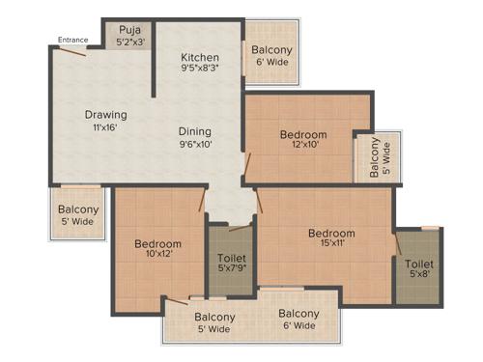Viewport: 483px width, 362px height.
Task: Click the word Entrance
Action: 73,40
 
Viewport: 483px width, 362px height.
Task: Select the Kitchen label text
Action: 199,56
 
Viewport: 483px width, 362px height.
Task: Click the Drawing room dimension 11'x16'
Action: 105,127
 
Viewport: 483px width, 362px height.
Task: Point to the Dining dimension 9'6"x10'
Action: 194,144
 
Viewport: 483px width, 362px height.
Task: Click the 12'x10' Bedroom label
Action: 303,134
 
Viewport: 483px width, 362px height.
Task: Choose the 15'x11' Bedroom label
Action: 331,233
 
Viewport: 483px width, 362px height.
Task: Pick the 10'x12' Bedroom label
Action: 157,243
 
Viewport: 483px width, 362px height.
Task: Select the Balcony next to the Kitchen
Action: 272,55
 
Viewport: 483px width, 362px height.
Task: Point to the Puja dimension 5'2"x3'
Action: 130,42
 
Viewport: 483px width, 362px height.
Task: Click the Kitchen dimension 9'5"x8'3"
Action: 199,69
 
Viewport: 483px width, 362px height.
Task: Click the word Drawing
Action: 105,115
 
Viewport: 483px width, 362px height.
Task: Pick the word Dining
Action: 194,131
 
